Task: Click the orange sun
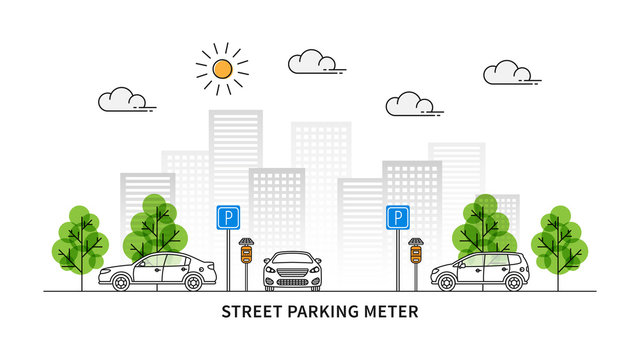(222, 68)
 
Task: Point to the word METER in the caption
(392, 311)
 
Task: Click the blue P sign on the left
(228, 216)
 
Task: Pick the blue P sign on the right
(398, 216)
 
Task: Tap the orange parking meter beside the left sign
(246, 256)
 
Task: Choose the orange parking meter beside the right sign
(416, 256)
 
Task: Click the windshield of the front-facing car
(292, 260)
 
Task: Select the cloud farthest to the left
(122, 99)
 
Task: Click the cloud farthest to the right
(508, 72)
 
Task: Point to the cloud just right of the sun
(312, 63)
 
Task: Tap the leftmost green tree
(81, 240)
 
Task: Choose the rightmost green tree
(559, 240)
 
